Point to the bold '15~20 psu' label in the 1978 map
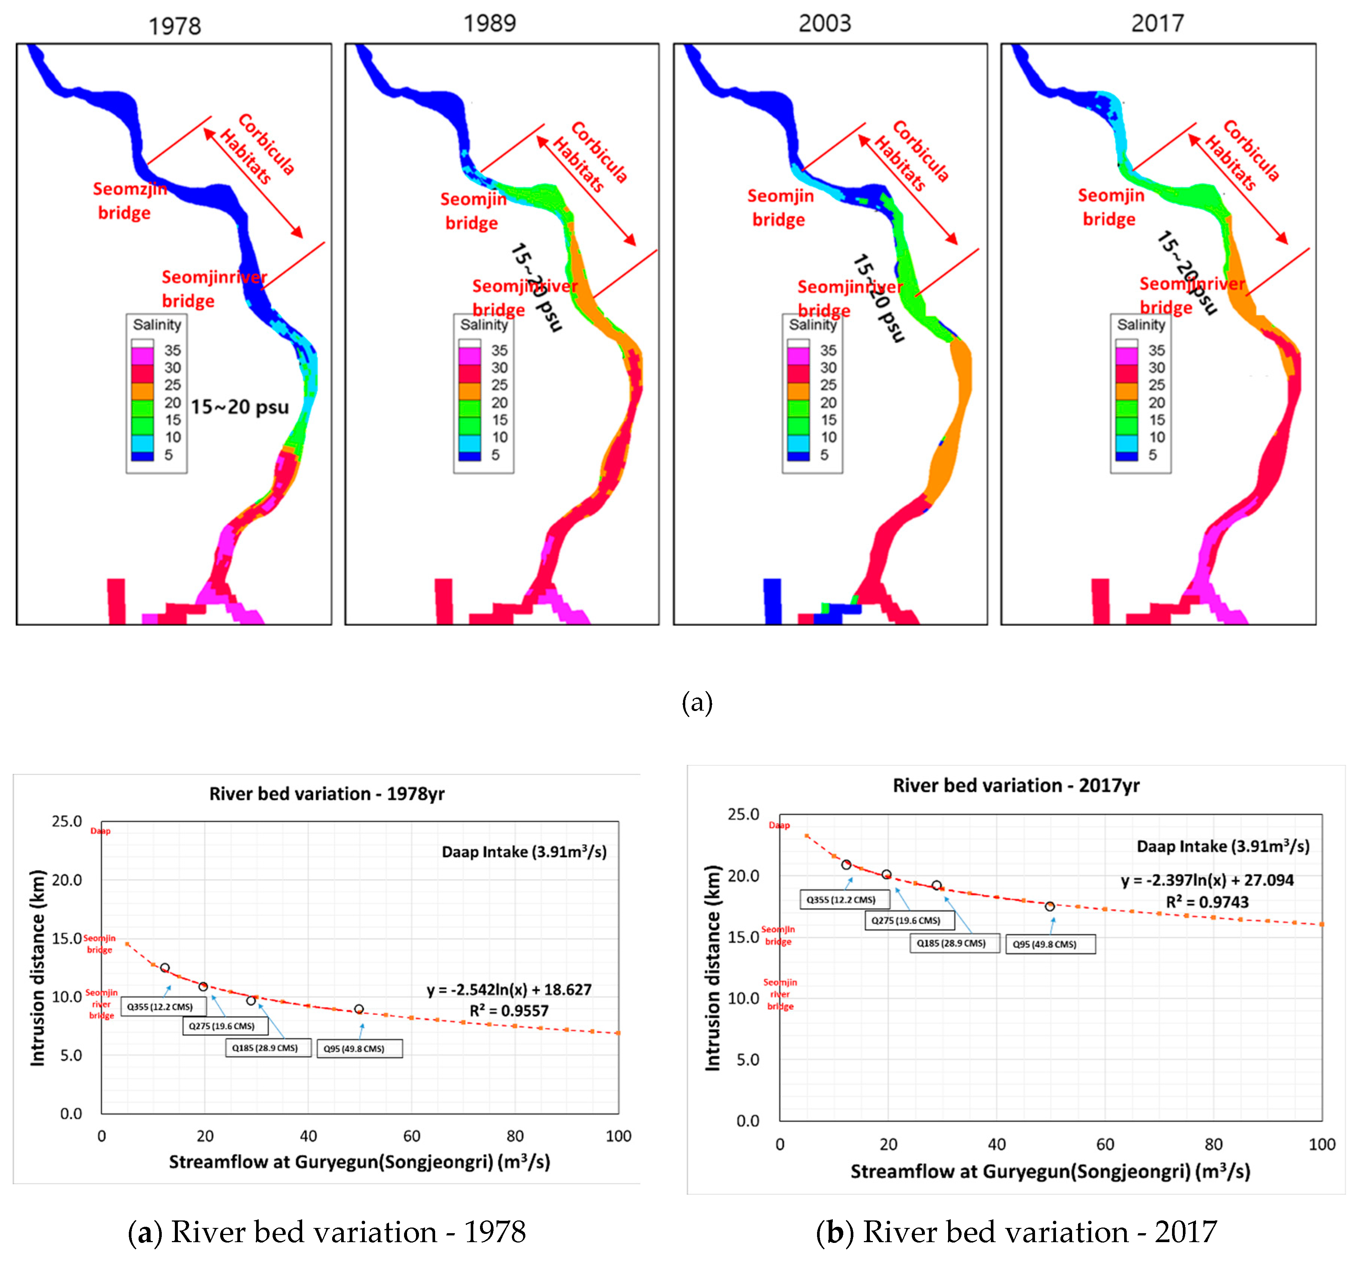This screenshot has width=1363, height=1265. pyautogui.click(x=240, y=407)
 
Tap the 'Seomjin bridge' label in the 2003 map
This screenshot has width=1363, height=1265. pyautogui.click(x=780, y=208)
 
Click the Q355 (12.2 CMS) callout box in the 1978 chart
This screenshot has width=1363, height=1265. pyautogui.click(x=160, y=1006)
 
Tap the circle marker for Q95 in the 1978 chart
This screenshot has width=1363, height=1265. pyautogui.click(x=359, y=1009)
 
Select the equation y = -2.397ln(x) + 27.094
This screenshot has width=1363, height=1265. pyautogui.click(x=1206, y=880)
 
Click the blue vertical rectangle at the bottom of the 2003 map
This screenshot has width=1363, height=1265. pyautogui.click(x=772, y=601)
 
